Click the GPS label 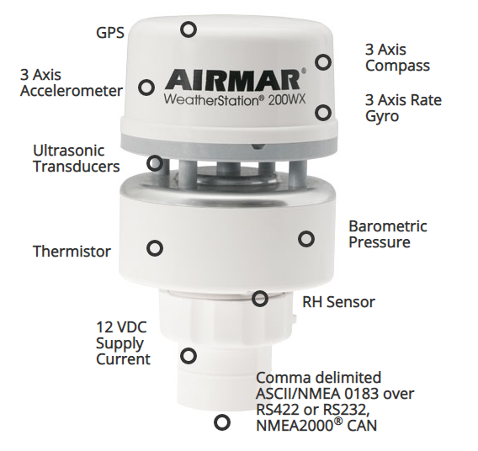coord(110,33)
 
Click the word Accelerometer coord(72,91)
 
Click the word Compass coord(397,66)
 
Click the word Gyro coord(382,117)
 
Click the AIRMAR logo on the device coord(232,80)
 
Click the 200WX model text coord(287,100)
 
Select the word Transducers coord(77,167)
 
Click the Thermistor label coord(72,252)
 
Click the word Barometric coord(388,226)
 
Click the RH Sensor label coord(338,302)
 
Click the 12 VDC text coord(121,327)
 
